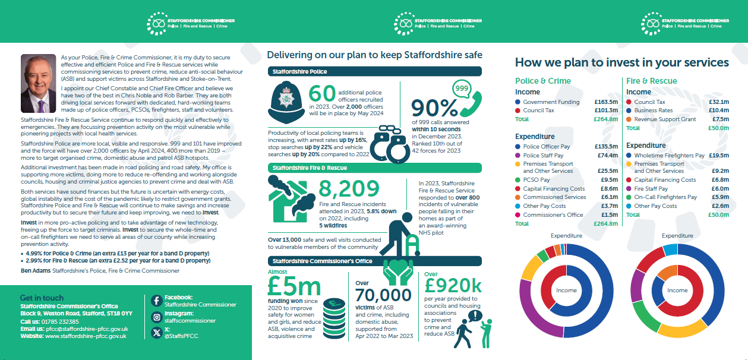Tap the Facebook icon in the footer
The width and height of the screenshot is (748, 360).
(156, 301)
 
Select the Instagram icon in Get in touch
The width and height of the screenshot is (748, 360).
(156, 317)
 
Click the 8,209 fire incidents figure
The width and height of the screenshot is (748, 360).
(349, 189)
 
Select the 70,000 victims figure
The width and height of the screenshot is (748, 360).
(383, 295)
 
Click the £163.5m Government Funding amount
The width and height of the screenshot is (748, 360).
(606, 102)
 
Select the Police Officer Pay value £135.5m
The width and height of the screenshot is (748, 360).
(606, 147)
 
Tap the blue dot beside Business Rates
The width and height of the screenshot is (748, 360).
(629, 110)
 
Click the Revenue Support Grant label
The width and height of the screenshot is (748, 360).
(665, 119)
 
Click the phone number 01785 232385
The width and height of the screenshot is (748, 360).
(61, 321)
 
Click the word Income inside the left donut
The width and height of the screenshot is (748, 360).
(566, 290)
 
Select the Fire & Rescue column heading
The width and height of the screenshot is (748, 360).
(651, 81)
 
